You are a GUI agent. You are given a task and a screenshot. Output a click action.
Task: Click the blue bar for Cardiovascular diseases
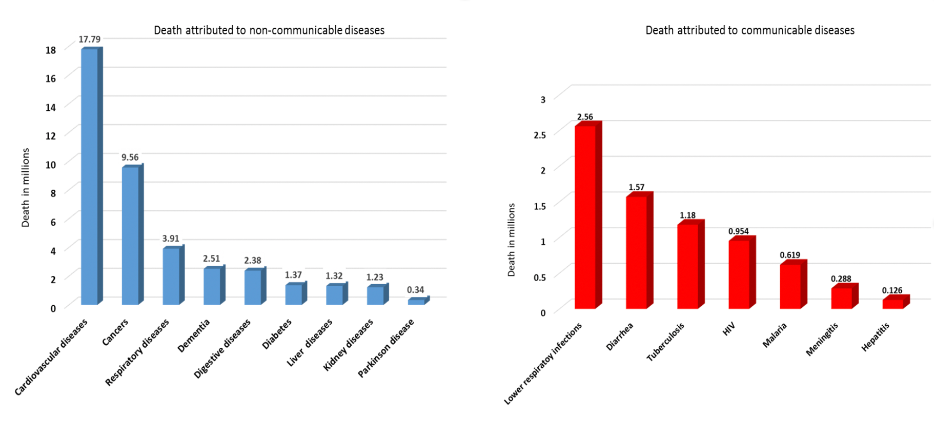89,177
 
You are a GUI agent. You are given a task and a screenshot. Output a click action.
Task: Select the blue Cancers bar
130,236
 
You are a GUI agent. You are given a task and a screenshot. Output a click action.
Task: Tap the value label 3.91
171,239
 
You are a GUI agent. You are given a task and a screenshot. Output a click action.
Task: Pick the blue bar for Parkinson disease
416,302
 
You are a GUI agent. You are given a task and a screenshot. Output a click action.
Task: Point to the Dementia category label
194,335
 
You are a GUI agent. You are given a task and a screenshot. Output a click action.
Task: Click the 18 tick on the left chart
51,50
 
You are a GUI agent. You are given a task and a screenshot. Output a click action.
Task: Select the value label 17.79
89,39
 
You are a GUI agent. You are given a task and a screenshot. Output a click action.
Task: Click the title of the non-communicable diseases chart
269,30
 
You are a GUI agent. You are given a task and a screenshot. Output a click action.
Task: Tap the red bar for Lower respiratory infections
585,217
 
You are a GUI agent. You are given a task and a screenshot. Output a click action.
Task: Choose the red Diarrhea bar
636,252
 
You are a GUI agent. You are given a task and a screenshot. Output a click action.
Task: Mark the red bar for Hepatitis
892,304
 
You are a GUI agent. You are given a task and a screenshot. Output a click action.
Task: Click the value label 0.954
738,231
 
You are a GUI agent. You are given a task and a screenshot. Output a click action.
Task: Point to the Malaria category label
775,335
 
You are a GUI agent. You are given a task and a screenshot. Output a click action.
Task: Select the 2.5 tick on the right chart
540,135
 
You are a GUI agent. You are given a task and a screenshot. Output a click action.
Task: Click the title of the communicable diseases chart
749,30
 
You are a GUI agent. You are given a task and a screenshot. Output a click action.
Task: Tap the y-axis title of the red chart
511,240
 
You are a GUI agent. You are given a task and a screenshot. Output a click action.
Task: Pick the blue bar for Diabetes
294,294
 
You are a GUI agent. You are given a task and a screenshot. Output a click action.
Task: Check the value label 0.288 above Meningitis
841,279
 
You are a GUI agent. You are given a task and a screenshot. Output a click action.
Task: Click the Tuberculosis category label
665,342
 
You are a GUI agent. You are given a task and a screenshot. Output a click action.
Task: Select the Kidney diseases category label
349,344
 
